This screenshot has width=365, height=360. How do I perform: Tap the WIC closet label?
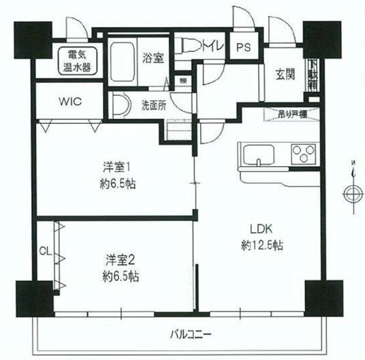click(69, 103)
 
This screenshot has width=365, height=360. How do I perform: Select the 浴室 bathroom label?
click(153, 58)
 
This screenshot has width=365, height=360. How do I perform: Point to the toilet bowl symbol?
click(193, 48)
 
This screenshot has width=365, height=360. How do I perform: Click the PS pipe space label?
click(243, 48)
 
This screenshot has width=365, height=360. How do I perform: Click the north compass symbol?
click(352, 193)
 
